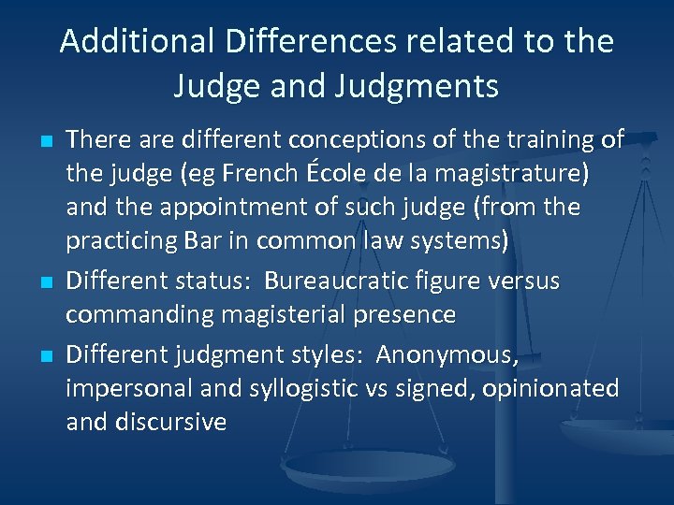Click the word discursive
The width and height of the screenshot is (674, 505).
(170, 422)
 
